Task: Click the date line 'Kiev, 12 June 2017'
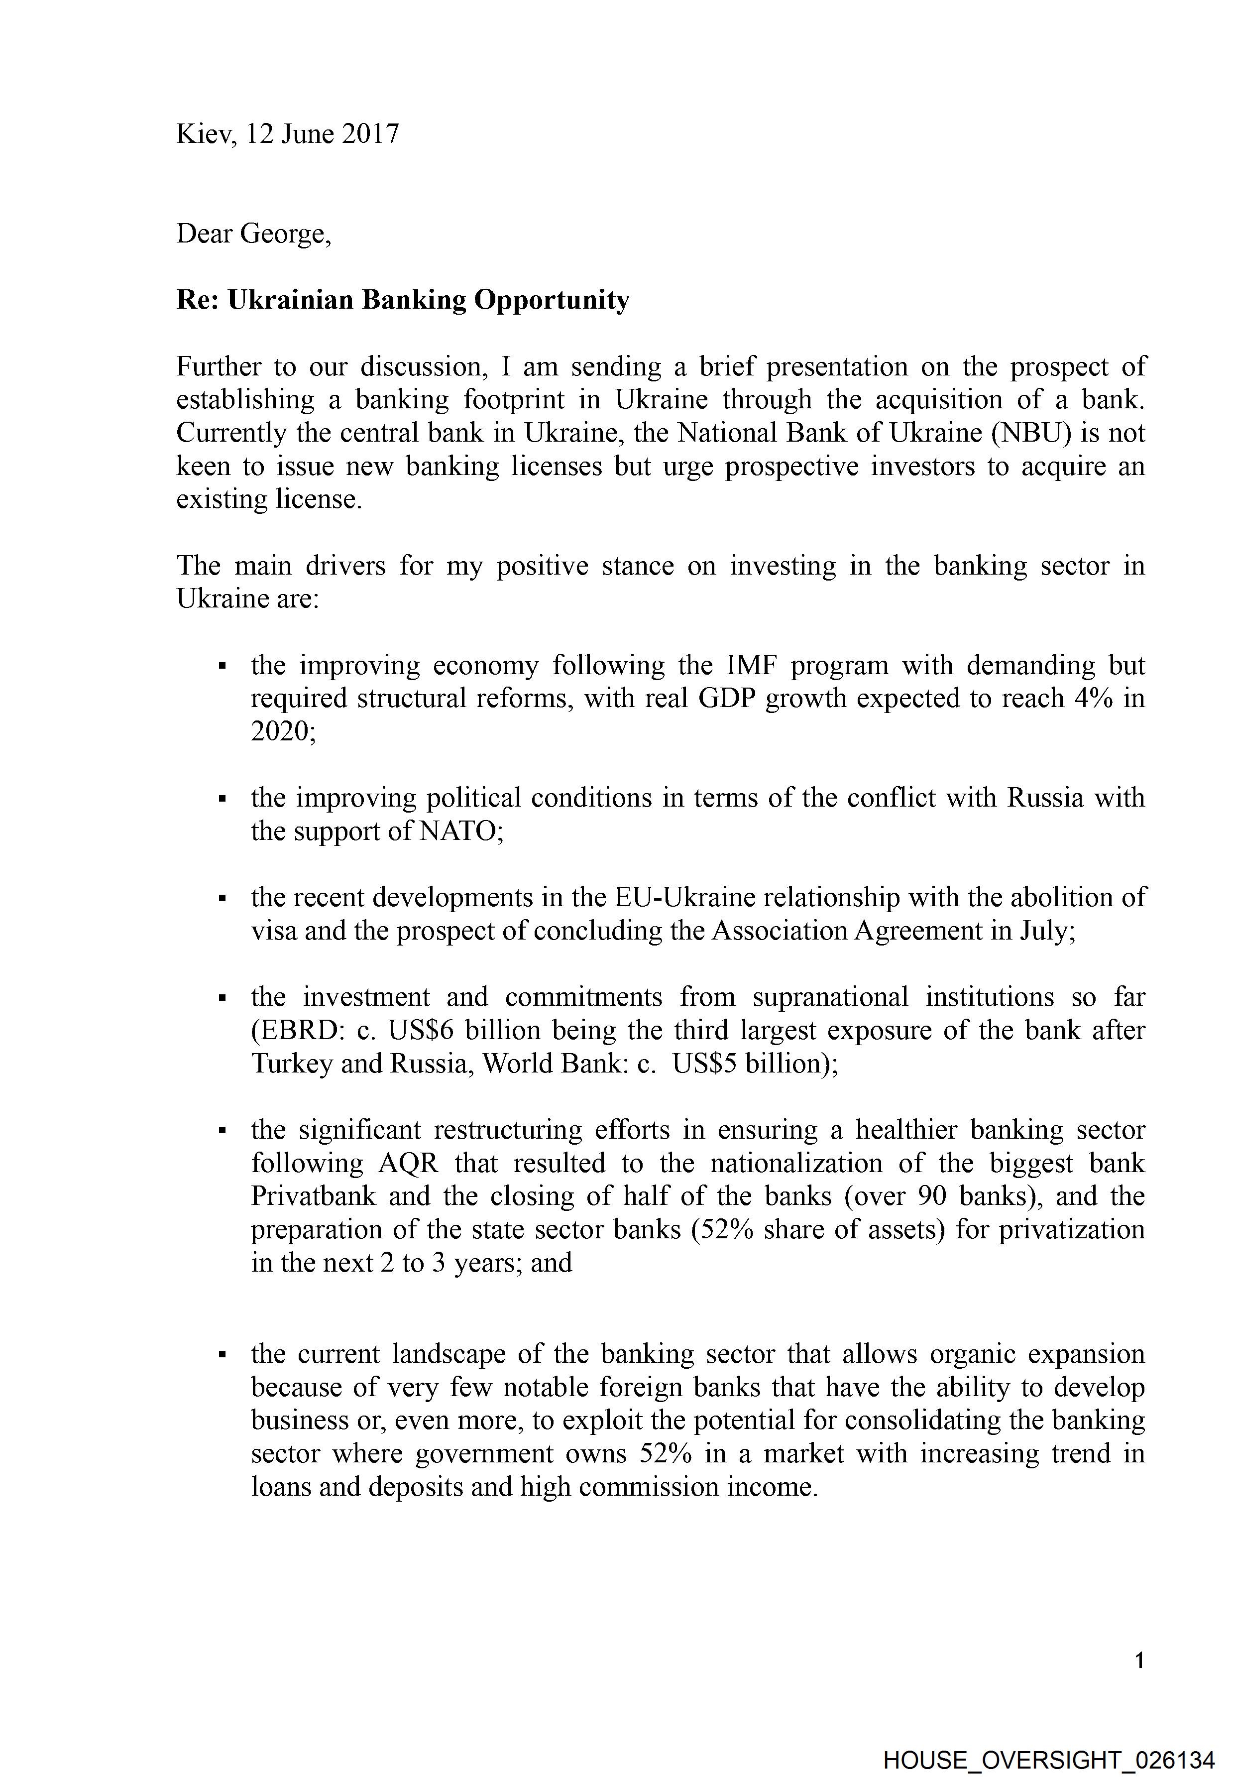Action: pos(288,134)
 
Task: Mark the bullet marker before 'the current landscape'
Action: pos(223,1355)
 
